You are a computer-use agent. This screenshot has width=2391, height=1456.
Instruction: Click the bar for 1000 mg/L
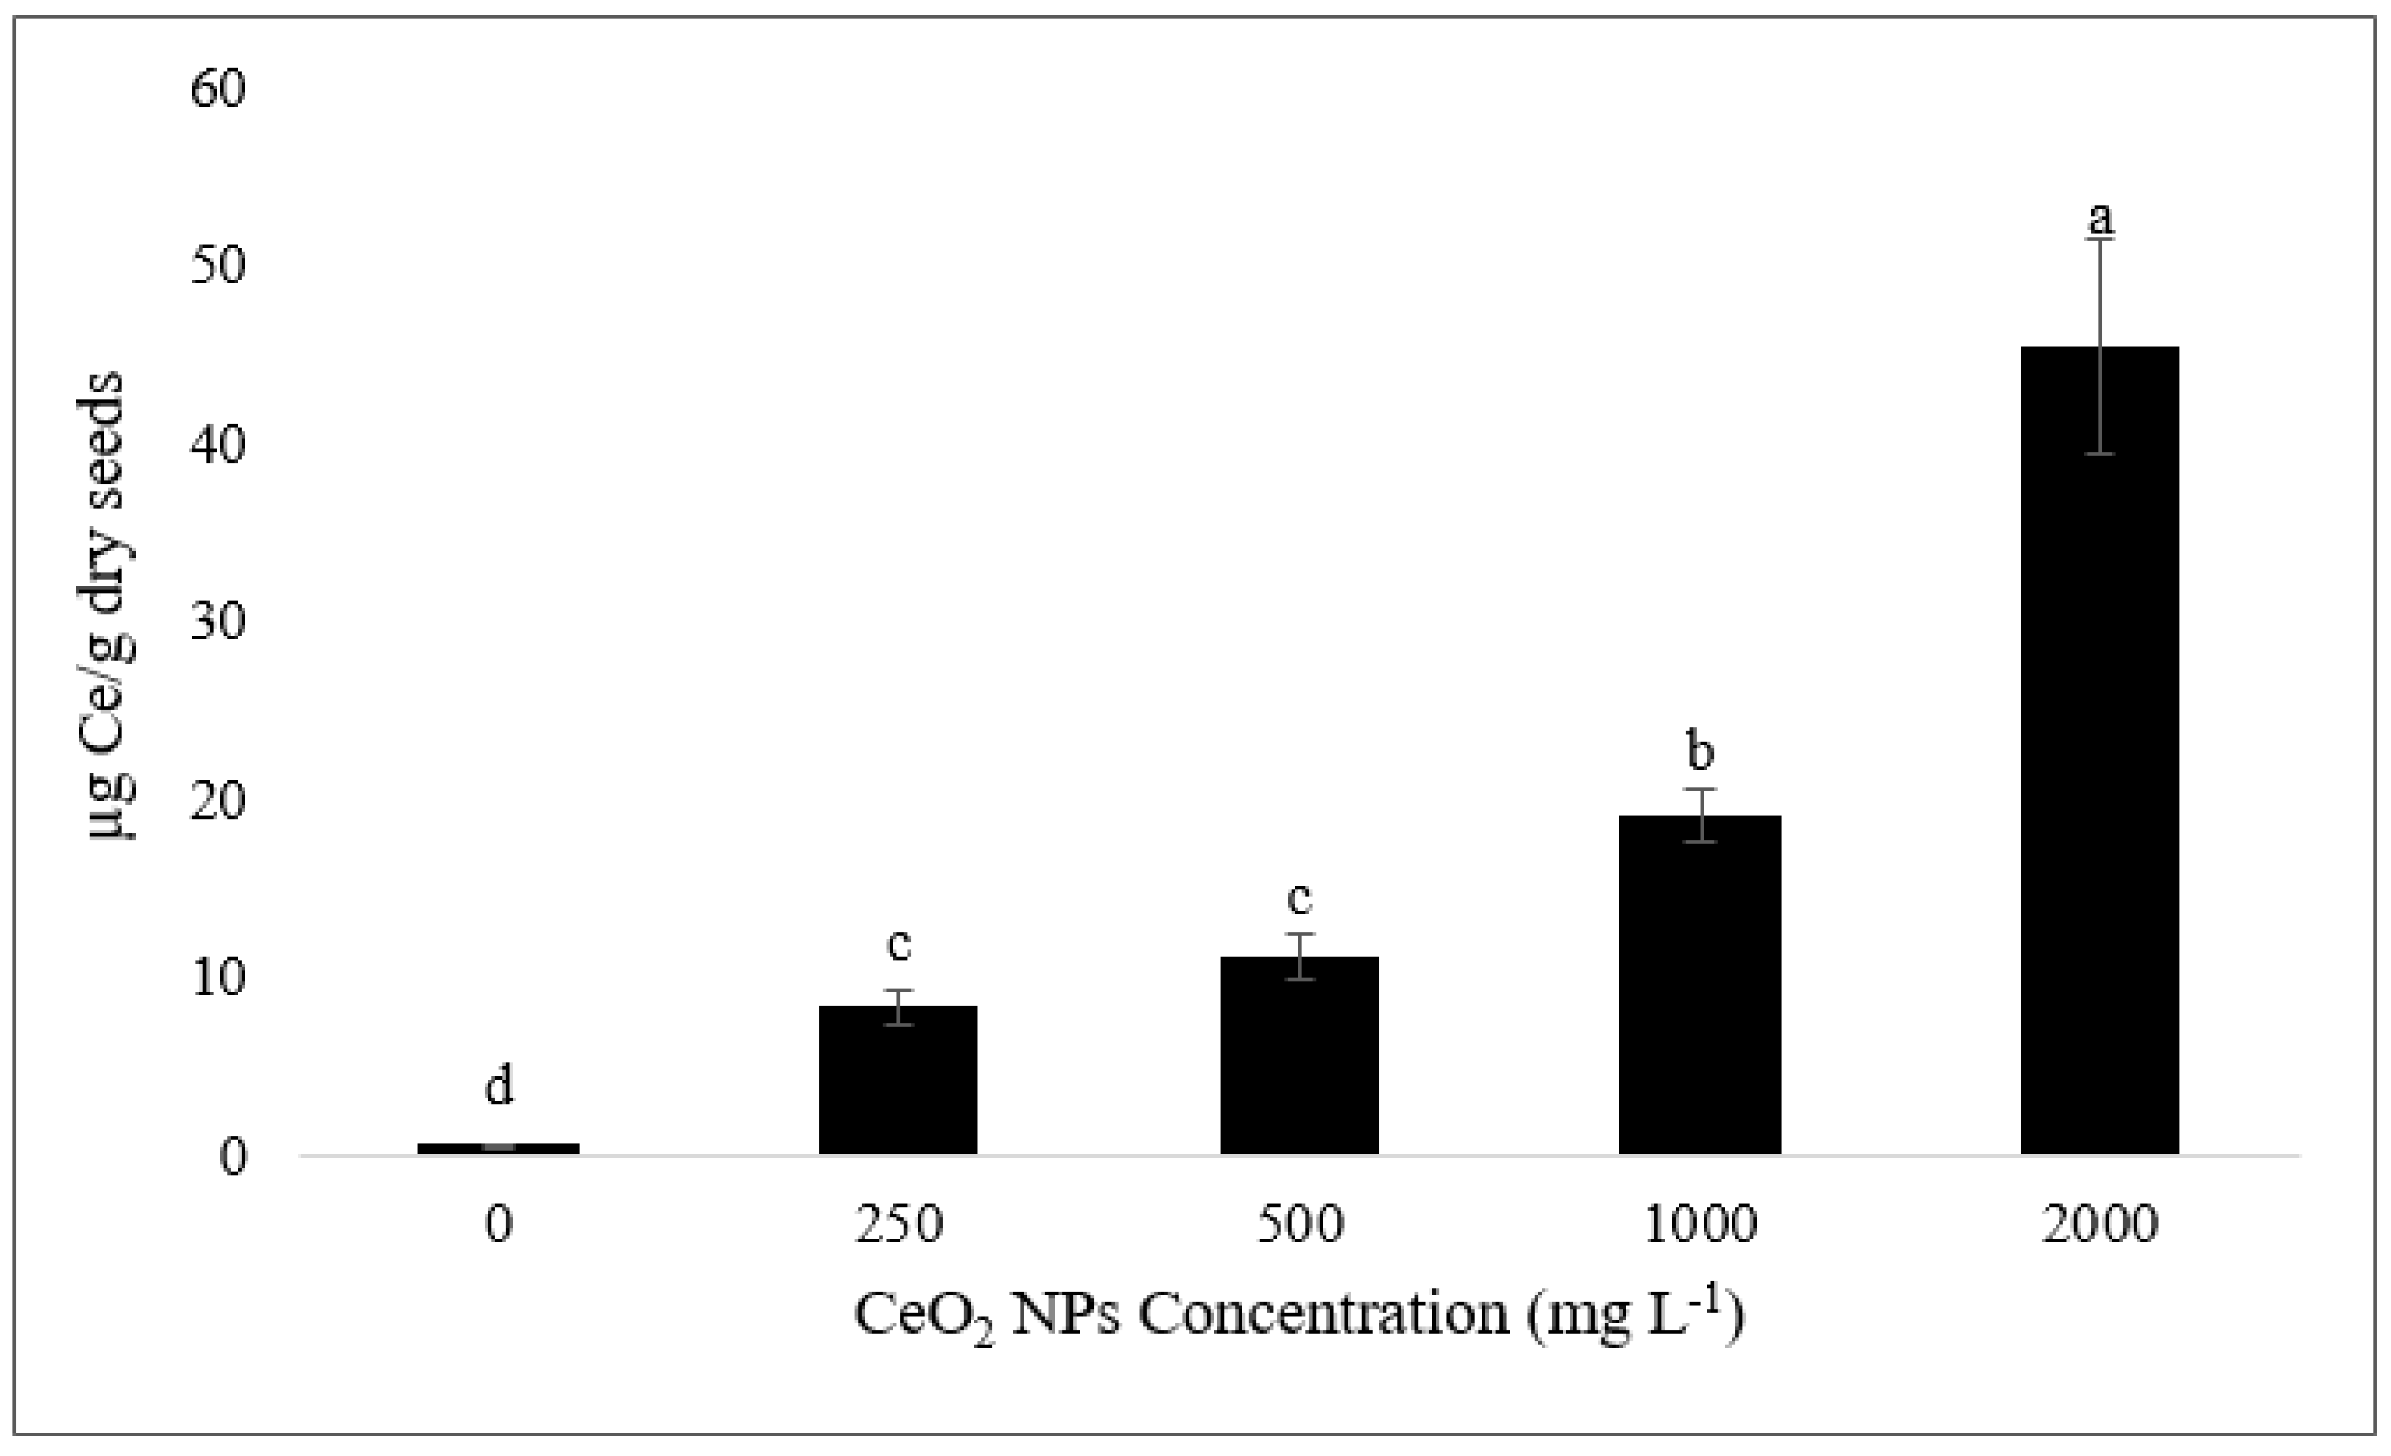(1700, 990)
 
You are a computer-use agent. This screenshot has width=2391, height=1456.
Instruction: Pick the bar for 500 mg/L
(1299, 1058)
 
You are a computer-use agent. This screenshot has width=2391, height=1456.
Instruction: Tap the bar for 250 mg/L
(899, 1083)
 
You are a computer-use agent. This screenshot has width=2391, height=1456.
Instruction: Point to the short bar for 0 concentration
(499, 1148)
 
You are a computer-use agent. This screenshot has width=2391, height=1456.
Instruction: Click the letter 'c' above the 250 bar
(899, 945)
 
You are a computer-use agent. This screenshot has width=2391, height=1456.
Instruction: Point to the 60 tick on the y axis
(218, 89)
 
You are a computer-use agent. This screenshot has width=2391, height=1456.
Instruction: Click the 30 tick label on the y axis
(218, 622)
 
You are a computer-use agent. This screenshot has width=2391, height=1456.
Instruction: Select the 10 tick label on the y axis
(218, 979)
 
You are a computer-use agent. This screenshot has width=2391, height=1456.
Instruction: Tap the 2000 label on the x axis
(2100, 1225)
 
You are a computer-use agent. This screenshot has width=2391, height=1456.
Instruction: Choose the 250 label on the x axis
(899, 1225)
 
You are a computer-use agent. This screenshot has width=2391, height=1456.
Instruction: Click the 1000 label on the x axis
(1700, 1225)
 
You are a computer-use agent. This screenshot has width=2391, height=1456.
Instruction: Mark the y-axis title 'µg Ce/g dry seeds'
(109, 607)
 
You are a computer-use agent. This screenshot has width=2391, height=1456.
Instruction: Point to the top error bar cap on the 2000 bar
(2100, 239)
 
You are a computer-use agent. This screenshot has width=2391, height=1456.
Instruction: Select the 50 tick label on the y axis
(218, 267)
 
